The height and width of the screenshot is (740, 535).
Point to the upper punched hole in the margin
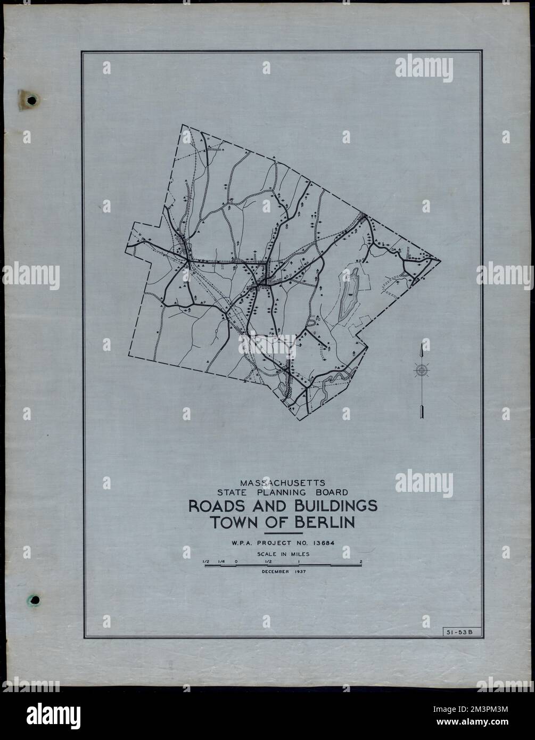pyautogui.click(x=32, y=100)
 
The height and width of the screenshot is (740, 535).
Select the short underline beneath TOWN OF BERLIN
pyautogui.click(x=283, y=533)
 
